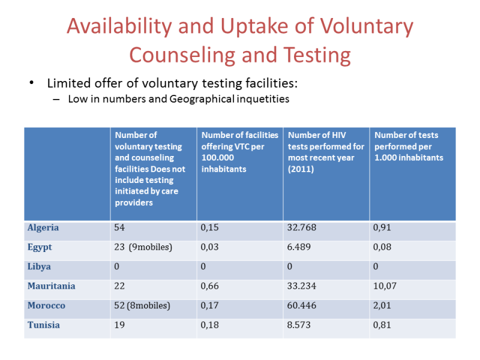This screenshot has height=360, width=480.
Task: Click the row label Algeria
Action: [x=43, y=228]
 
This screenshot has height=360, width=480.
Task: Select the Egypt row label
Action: [x=40, y=247]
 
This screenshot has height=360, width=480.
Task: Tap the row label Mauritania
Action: [x=52, y=286]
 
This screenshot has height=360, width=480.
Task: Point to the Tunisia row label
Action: [x=44, y=325]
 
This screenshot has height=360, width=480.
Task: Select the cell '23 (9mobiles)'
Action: [x=143, y=247]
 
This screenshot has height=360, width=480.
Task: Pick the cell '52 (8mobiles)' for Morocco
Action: [x=142, y=305]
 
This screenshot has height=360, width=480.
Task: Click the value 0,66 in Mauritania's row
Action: [x=211, y=286]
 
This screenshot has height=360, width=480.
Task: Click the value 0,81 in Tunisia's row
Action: [x=383, y=325]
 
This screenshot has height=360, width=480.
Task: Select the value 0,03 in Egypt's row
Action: [x=211, y=247]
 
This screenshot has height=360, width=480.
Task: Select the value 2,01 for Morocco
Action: [x=383, y=305]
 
